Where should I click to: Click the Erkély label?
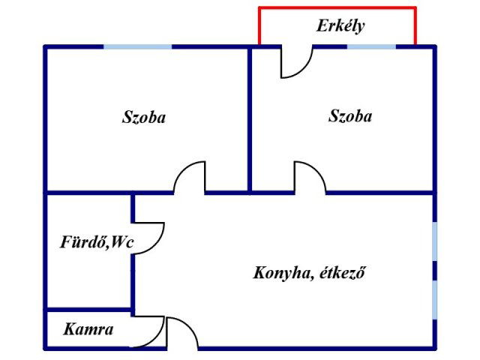pos(340,26)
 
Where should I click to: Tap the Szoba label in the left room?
pos(144,117)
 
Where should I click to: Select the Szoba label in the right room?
pos(350,116)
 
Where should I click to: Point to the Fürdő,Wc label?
pos(97,242)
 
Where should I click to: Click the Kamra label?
pos(88,329)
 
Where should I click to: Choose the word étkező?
pos(343,272)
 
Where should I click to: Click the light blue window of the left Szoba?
pos(137,46)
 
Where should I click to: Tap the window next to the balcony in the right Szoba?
pos(371,46)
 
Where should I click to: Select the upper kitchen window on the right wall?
pos(434,241)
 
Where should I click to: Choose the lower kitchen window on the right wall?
pos(434,300)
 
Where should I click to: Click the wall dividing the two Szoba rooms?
pos(250,120)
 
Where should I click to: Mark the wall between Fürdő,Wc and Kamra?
pos(88,310)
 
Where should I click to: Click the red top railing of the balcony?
pos(337,7)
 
